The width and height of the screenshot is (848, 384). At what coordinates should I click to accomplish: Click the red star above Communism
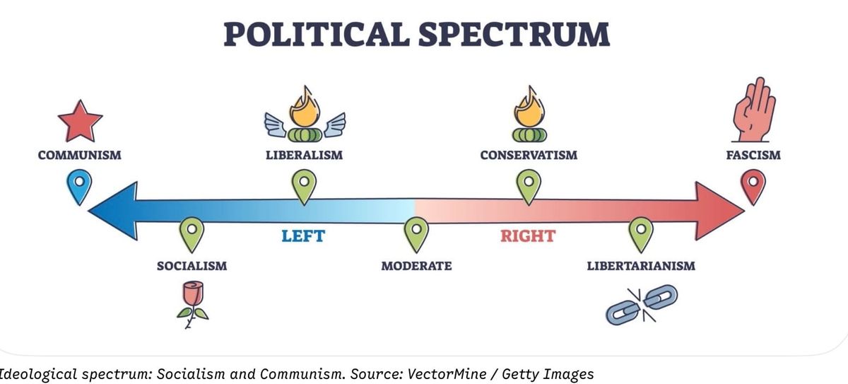[x=80, y=122]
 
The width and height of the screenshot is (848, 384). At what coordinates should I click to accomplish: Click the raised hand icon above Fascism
[x=753, y=110]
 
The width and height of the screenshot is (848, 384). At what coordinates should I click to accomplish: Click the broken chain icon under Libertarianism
[x=642, y=305]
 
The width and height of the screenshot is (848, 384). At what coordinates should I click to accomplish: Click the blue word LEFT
[x=303, y=236]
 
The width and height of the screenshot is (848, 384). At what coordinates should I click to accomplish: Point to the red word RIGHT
[x=528, y=236]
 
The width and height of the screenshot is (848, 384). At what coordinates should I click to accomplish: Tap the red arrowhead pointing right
[x=719, y=211]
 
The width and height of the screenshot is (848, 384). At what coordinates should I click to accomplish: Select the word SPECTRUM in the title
[x=514, y=34]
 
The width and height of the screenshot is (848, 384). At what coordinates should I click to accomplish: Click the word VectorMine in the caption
[x=447, y=374]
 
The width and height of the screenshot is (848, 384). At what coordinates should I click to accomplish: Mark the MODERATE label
[x=416, y=266]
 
